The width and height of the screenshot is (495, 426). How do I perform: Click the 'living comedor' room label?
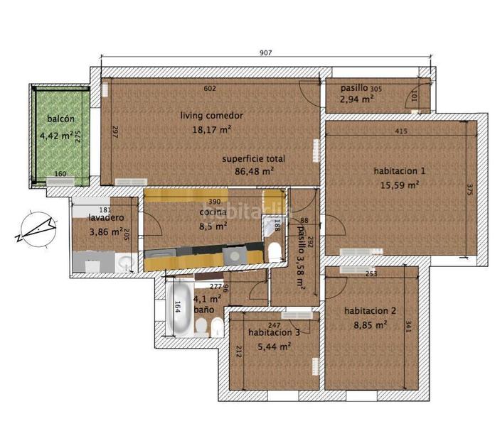coord(212,115)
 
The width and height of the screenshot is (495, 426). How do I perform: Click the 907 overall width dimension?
coord(266,53)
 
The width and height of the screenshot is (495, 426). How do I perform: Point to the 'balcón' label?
coord(60,119)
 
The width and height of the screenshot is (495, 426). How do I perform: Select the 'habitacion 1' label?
coord(399,170)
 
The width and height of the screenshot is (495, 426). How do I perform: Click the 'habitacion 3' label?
coord(274,332)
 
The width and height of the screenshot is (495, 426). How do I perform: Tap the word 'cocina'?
coord(213,212)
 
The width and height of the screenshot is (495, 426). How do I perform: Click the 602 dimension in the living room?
coord(210,88)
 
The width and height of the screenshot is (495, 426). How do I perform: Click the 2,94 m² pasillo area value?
coord(358,100)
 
